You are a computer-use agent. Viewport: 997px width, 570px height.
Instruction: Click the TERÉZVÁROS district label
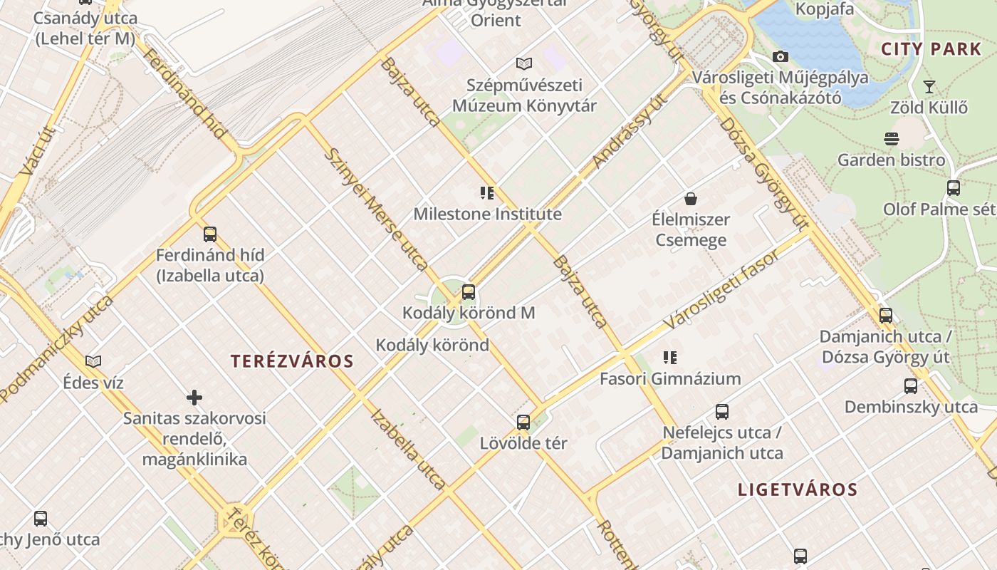tap(292, 361)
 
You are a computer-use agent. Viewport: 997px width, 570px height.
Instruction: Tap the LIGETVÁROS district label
tap(798, 489)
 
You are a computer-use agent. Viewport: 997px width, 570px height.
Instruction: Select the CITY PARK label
tap(931, 49)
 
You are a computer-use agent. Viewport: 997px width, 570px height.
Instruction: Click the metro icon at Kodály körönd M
tap(468, 291)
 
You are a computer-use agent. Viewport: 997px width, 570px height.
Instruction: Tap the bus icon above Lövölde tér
tap(523, 422)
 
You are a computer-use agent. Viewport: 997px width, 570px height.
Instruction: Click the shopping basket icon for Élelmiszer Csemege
tap(690, 198)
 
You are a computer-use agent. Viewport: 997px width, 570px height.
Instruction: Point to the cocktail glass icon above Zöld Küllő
tap(929, 87)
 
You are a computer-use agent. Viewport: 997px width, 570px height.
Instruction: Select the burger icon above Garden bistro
tap(891, 138)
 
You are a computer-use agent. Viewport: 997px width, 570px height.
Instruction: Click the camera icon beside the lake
tap(780, 56)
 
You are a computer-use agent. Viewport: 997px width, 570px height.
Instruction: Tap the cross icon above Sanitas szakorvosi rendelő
tap(194, 397)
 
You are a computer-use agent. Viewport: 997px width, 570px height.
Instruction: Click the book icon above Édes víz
tap(93, 361)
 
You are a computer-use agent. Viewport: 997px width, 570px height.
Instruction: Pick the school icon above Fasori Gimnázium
tap(669, 357)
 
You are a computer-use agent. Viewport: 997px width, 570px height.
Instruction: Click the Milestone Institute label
tap(487, 214)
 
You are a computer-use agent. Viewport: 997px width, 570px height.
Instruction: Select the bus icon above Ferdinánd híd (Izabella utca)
tap(209, 234)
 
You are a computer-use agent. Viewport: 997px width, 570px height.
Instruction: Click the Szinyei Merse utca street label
tap(375, 209)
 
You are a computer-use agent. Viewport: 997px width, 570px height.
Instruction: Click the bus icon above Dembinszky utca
tap(910, 386)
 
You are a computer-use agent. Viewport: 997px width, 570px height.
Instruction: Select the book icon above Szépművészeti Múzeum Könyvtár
tap(524, 63)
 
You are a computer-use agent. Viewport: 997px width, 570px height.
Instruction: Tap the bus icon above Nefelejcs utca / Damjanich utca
tap(721, 411)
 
